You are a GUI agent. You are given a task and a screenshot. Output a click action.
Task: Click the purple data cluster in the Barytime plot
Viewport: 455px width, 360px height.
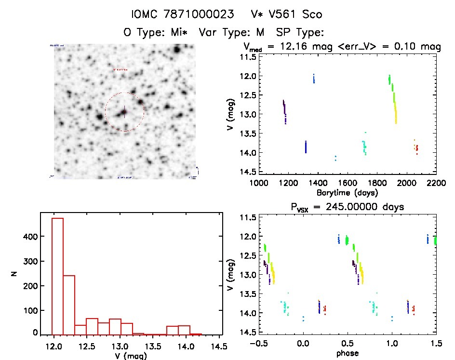pyautogui.click(x=284, y=112)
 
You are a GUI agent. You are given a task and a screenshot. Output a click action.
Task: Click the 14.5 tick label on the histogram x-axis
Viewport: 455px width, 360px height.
pyautogui.click(x=220, y=347)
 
